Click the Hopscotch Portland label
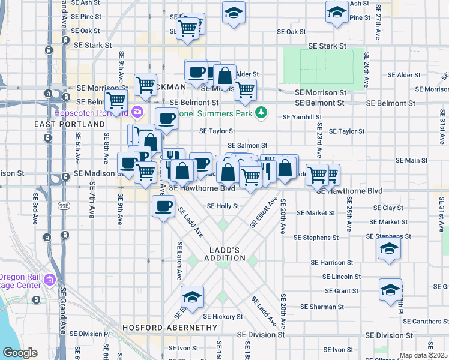90,112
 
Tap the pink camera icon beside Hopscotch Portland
137,112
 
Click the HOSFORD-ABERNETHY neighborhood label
170,328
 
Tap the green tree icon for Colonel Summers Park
261,112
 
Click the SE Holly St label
223,206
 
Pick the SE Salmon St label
247,146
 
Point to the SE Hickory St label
222,316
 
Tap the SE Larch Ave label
179,261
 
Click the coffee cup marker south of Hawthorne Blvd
163,207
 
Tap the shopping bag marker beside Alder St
224,76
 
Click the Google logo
19,353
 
